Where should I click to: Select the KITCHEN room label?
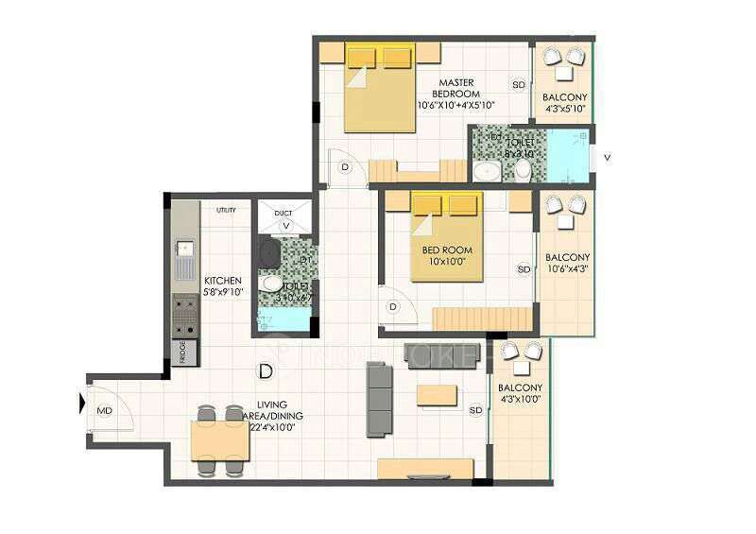tap(223, 285)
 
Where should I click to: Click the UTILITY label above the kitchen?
tap(226, 210)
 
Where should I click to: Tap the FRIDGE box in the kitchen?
tap(184, 351)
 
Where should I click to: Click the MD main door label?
tap(105, 411)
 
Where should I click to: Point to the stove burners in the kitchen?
tap(184, 318)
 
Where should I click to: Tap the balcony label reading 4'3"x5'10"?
tap(564, 103)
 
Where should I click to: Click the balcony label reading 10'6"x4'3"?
tap(568, 263)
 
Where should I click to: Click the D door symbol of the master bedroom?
tap(345, 167)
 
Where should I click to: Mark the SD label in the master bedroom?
tap(518, 84)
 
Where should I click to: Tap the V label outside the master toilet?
tap(606, 158)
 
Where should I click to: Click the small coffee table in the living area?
tap(437, 392)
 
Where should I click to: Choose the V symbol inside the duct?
tap(284, 226)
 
